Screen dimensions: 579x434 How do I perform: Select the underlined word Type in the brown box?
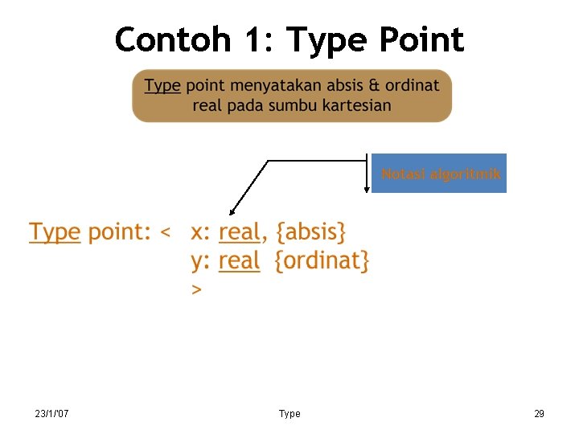[162, 85]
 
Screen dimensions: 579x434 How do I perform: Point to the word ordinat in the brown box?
[412, 85]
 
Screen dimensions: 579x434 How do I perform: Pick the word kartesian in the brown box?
[353, 105]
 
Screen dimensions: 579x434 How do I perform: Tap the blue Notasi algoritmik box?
[439, 174]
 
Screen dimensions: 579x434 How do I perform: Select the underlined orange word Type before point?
[55, 233]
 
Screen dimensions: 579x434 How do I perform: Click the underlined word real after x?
[239, 233]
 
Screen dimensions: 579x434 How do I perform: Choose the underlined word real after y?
[239, 261]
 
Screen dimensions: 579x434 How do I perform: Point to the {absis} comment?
[311, 233]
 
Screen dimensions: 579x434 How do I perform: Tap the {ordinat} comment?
[322, 261]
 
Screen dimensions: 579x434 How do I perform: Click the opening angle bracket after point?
[166, 234]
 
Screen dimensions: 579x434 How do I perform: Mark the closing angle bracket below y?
[196, 289]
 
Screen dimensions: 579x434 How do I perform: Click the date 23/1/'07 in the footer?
[51, 414]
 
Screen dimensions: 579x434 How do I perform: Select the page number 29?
[539, 414]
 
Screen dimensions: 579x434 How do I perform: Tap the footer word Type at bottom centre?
[289, 414]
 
